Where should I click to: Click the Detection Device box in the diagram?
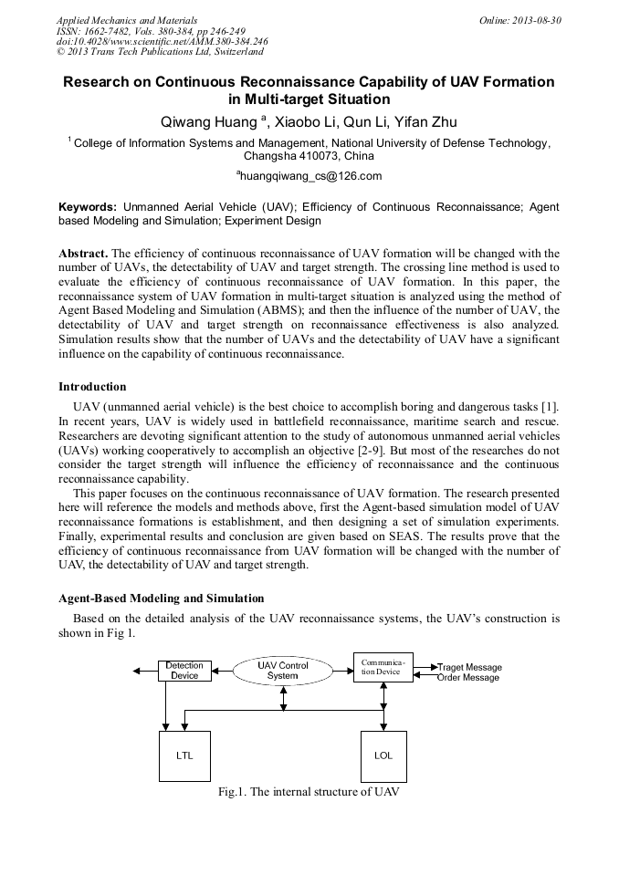(184, 671)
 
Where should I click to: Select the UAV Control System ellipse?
(283, 671)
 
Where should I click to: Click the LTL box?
(184, 755)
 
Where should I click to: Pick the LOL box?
(383, 755)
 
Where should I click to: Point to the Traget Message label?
(469, 667)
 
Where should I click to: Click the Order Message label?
(467, 678)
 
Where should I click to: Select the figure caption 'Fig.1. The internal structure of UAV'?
(309, 792)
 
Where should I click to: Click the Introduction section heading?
(92, 387)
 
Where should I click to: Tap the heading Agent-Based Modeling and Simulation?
(161, 599)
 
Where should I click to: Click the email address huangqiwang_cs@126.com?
(309, 176)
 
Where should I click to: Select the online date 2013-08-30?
(537, 19)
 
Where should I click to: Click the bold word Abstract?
(83, 253)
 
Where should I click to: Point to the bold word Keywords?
(87, 207)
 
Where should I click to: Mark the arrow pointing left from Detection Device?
(144, 671)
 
